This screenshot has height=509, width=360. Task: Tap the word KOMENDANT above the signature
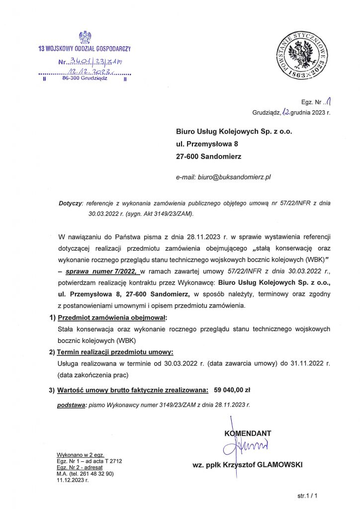click(x=248, y=433)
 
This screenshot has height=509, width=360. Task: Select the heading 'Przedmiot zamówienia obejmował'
click(x=113, y=318)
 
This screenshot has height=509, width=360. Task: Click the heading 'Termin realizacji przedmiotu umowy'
click(x=115, y=352)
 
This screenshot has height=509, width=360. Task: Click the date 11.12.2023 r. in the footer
click(x=73, y=481)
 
